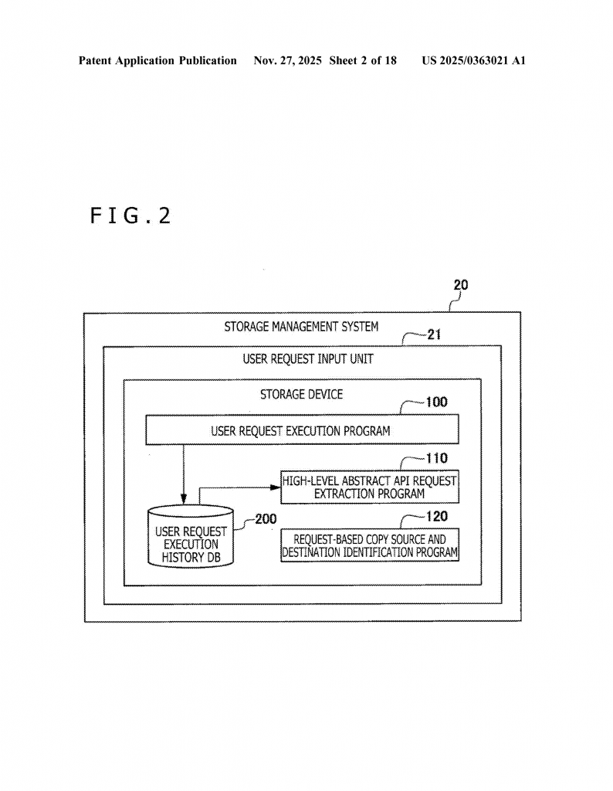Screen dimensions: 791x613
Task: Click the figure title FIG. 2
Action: pyautogui.click(x=130, y=216)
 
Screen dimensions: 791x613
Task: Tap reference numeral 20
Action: pyautogui.click(x=460, y=286)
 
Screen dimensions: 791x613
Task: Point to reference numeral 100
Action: pyautogui.click(x=436, y=402)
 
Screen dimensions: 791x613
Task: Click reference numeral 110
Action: pyautogui.click(x=436, y=458)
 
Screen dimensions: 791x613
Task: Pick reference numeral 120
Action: pyautogui.click(x=436, y=516)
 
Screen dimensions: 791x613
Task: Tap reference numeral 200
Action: pyautogui.click(x=266, y=519)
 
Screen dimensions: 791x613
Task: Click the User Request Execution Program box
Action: pyautogui.click(x=301, y=430)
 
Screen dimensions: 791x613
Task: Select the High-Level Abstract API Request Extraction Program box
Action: pyautogui.click(x=369, y=487)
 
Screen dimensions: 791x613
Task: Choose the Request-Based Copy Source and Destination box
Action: pyautogui.click(x=369, y=545)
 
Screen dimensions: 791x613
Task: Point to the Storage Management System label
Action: pyautogui.click(x=301, y=327)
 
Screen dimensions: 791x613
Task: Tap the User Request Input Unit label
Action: pyautogui.click(x=301, y=359)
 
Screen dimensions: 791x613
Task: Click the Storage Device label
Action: pyautogui.click(x=301, y=394)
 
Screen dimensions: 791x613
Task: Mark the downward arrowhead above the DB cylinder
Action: pyautogui.click(x=184, y=497)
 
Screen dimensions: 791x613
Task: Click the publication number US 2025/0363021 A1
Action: pyautogui.click(x=473, y=60)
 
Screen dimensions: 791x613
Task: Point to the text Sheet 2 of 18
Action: pyautogui.click(x=363, y=60)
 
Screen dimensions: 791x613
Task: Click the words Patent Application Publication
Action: pyautogui.click(x=157, y=60)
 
